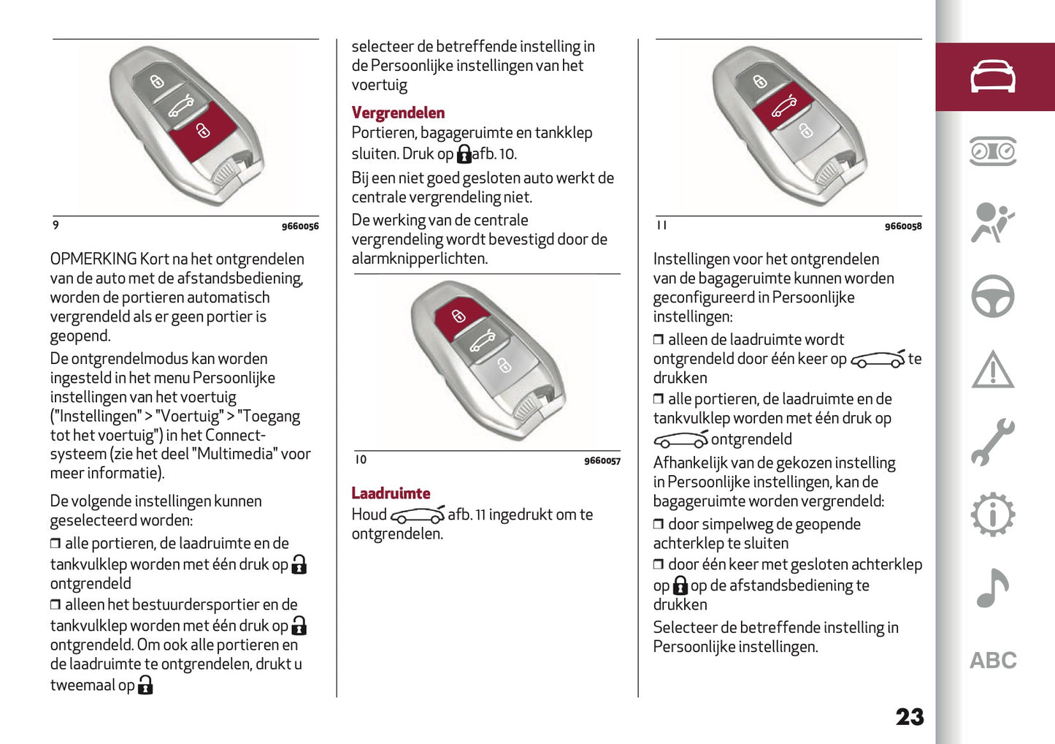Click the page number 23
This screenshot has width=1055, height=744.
909,717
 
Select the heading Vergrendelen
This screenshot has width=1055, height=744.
398,113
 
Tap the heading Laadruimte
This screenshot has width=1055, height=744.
391,493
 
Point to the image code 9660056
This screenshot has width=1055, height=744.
300,227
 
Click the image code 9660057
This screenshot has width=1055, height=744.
602,461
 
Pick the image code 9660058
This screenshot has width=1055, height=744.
903,227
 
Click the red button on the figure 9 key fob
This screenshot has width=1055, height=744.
203,130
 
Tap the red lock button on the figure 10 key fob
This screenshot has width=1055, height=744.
459,316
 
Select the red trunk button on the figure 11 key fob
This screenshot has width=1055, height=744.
783,107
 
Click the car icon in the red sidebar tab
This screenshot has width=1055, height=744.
992,77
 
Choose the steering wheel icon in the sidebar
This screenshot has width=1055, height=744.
992,296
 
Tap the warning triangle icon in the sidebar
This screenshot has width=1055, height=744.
992,370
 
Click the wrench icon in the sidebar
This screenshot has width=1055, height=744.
992,442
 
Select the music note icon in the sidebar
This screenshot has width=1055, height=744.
992,588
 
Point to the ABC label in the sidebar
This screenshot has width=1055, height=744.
992,661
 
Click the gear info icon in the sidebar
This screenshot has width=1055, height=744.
992,515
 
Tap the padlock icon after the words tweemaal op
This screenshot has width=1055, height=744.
145,685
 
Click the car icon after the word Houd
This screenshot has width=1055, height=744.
417,515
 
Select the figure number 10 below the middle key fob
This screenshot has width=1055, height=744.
361,460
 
